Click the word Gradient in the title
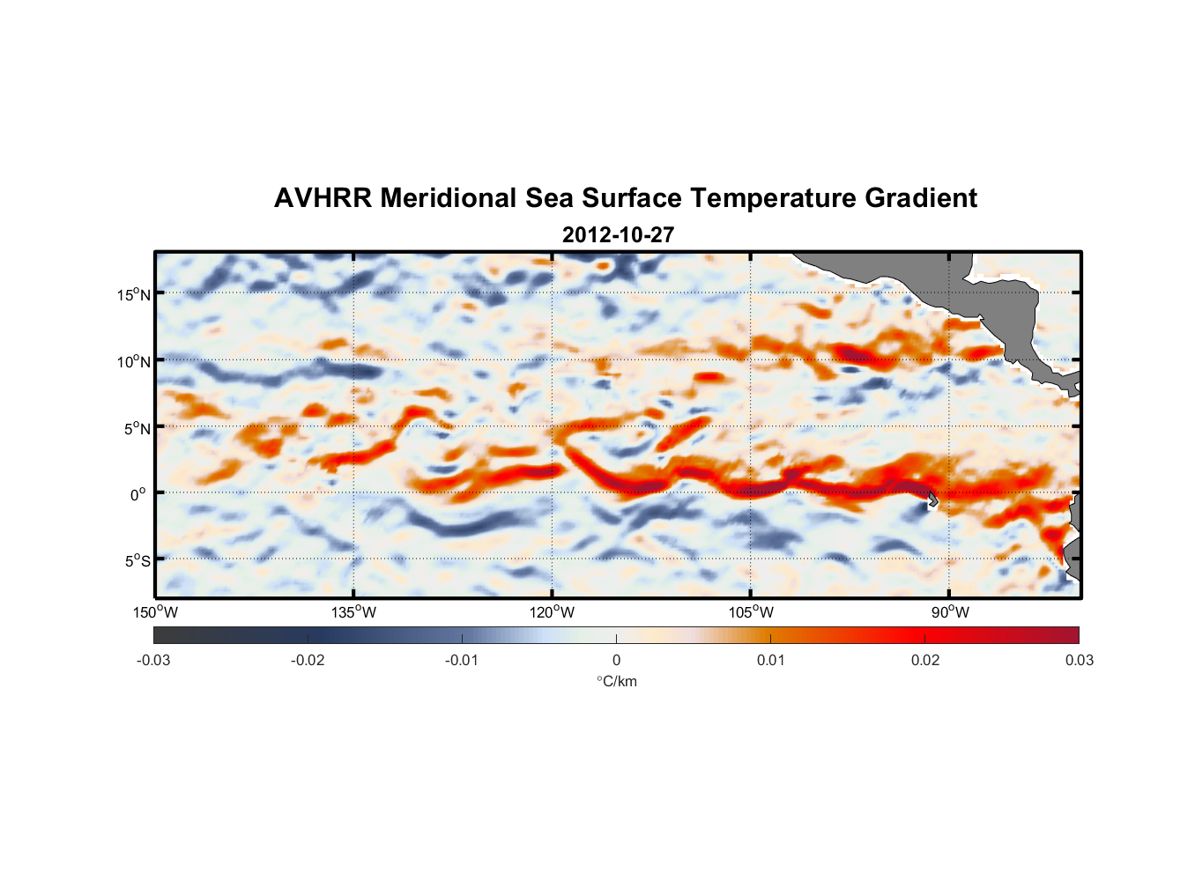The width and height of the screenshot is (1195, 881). tap(921, 198)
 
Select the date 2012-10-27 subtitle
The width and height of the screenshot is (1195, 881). tap(618, 235)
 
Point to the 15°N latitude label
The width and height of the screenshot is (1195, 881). tap(134, 294)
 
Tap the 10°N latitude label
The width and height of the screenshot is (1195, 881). tap(134, 361)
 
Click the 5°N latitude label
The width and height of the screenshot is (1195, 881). tap(137, 428)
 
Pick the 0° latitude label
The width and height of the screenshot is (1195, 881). tap(138, 494)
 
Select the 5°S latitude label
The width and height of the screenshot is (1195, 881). tap(137, 561)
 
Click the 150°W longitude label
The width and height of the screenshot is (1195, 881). tap(156, 612)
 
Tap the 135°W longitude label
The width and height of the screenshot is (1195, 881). tap(354, 612)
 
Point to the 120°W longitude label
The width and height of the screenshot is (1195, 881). tap(553, 612)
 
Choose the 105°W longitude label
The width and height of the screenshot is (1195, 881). tap(751, 612)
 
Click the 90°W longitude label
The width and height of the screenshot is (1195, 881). tap(950, 612)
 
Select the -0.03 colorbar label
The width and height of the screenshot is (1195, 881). tap(153, 660)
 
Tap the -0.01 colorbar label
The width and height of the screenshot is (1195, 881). tap(462, 660)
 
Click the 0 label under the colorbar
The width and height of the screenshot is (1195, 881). tap(616, 660)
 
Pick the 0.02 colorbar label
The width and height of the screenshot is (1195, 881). tap(925, 660)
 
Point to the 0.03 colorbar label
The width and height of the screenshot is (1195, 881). tap(1079, 660)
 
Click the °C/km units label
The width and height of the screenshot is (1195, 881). tap(617, 681)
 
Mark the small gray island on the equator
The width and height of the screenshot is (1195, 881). tap(932, 500)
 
